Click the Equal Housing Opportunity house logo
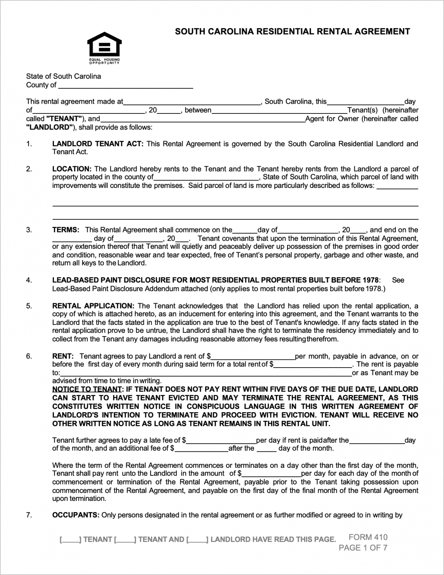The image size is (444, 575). (104, 46)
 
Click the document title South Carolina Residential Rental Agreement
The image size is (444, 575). (292, 32)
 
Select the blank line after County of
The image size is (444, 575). (125, 85)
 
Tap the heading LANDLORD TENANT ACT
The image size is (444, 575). (98, 144)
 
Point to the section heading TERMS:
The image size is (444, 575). (66, 230)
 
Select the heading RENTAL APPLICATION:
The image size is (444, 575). (93, 306)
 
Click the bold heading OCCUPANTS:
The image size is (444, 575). (76, 515)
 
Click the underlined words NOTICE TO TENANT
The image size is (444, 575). (87, 389)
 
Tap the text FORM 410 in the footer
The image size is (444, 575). (368, 537)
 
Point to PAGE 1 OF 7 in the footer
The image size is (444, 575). (363, 548)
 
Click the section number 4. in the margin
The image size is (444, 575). (29, 280)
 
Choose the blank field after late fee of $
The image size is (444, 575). (221, 440)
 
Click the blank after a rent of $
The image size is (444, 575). (253, 356)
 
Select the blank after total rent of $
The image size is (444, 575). (313, 364)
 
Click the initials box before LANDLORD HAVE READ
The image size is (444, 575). (197, 539)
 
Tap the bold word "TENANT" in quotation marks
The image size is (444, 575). (64, 119)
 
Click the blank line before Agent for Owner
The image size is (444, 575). (203, 119)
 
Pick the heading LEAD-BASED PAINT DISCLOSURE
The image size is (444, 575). (215, 280)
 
